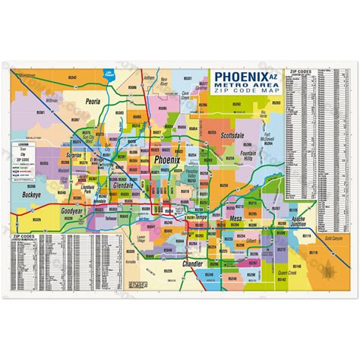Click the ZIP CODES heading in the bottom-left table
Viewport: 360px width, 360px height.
[25, 236]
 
